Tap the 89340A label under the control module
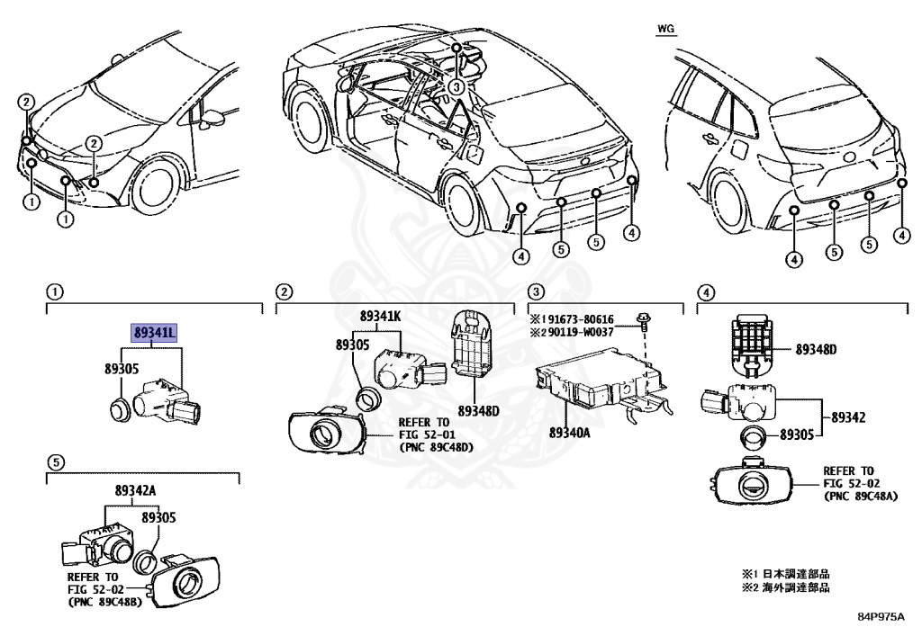(569, 433)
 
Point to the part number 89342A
(135, 490)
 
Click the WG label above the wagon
(664, 29)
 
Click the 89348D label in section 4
(816, 350)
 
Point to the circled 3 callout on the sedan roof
(456, 87)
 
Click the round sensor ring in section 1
(118, 408)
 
